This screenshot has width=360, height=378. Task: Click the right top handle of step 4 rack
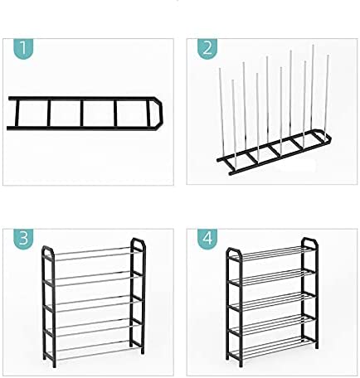310,244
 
